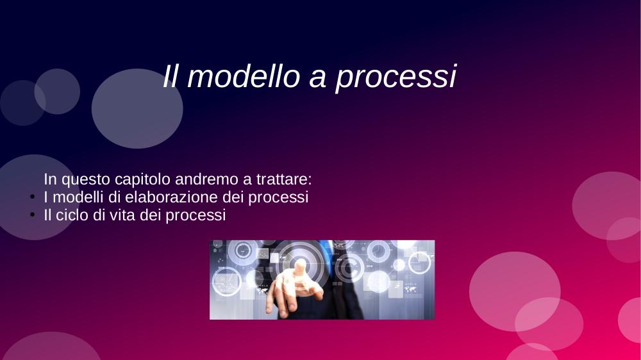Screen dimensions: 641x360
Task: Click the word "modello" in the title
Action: click(244, 76)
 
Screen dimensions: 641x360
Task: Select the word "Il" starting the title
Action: click(171, 76)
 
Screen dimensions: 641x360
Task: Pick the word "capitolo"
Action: click(142, 180)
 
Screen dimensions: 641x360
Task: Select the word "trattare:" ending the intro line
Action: click(284, 179)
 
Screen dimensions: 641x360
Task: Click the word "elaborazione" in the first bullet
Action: click(172, 197)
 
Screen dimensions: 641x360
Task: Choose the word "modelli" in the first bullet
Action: click(78, 197)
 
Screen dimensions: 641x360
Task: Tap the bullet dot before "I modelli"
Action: click(33, 197)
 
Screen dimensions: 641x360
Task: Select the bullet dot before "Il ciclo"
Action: click(33, 215)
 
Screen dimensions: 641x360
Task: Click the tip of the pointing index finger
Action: click(301, 261)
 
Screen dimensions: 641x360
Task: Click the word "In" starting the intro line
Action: click(50, 179)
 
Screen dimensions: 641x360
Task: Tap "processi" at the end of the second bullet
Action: click(196, 216)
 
